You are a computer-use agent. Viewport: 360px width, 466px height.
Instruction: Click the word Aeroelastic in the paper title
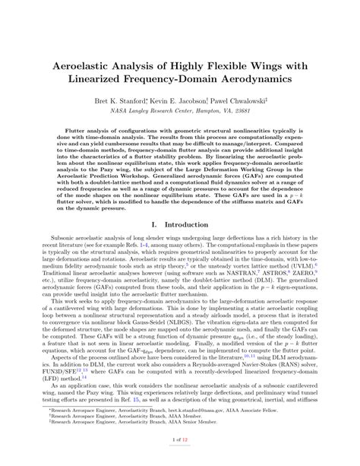83,62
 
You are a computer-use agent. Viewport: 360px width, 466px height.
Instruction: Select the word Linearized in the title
99,78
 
